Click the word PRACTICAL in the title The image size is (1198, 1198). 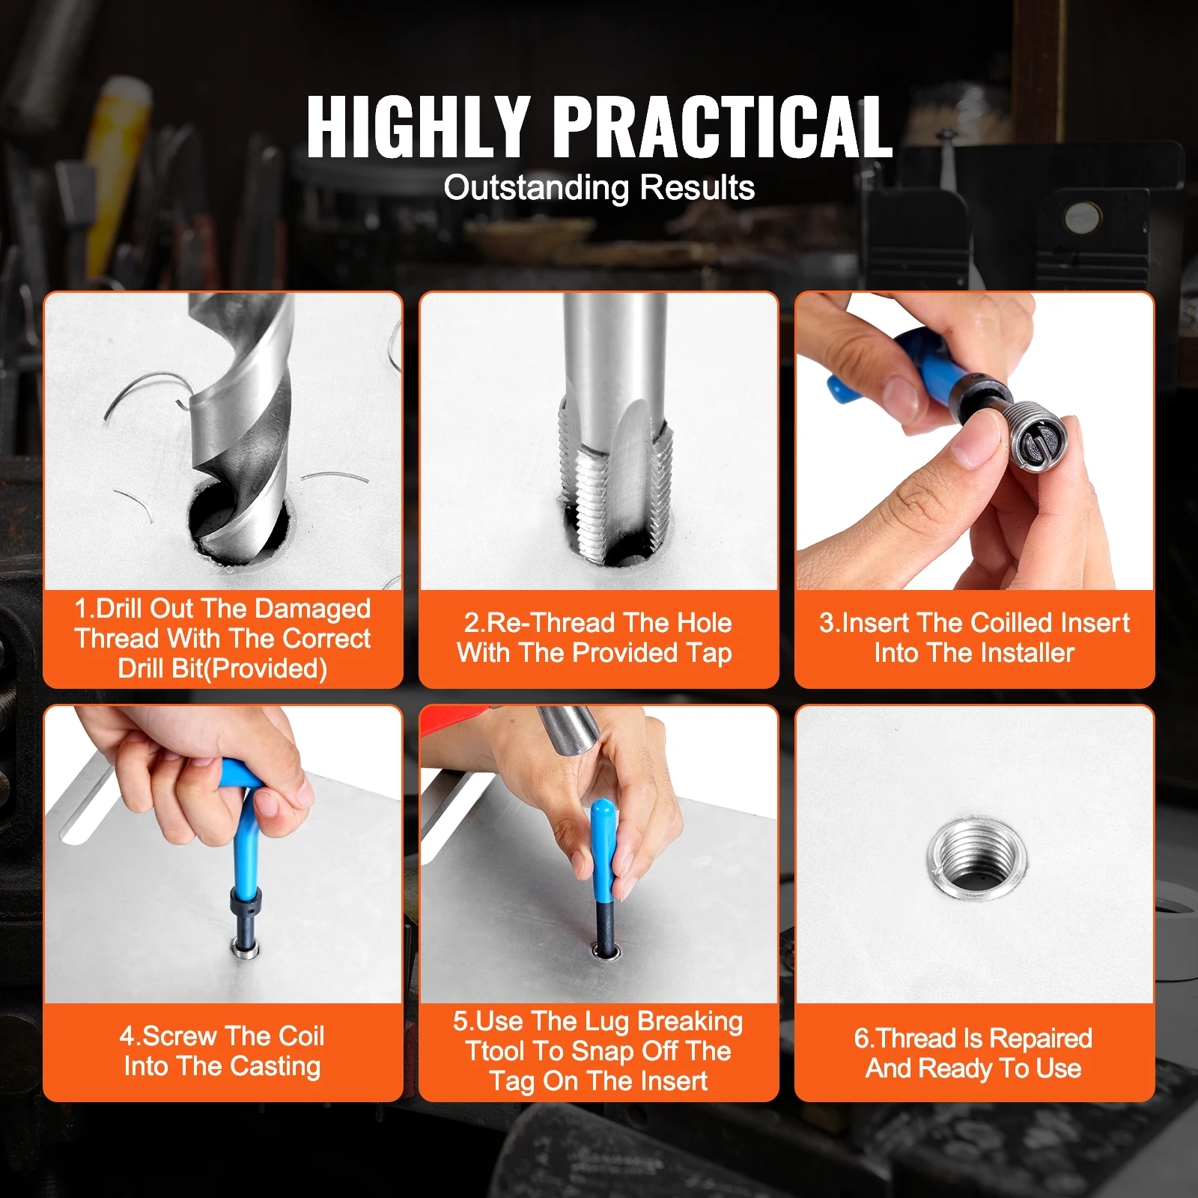(725, 127)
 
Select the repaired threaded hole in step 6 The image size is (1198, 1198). (976, 856)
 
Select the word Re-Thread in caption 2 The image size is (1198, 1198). (540, 623)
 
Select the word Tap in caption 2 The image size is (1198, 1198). (708, 653)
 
